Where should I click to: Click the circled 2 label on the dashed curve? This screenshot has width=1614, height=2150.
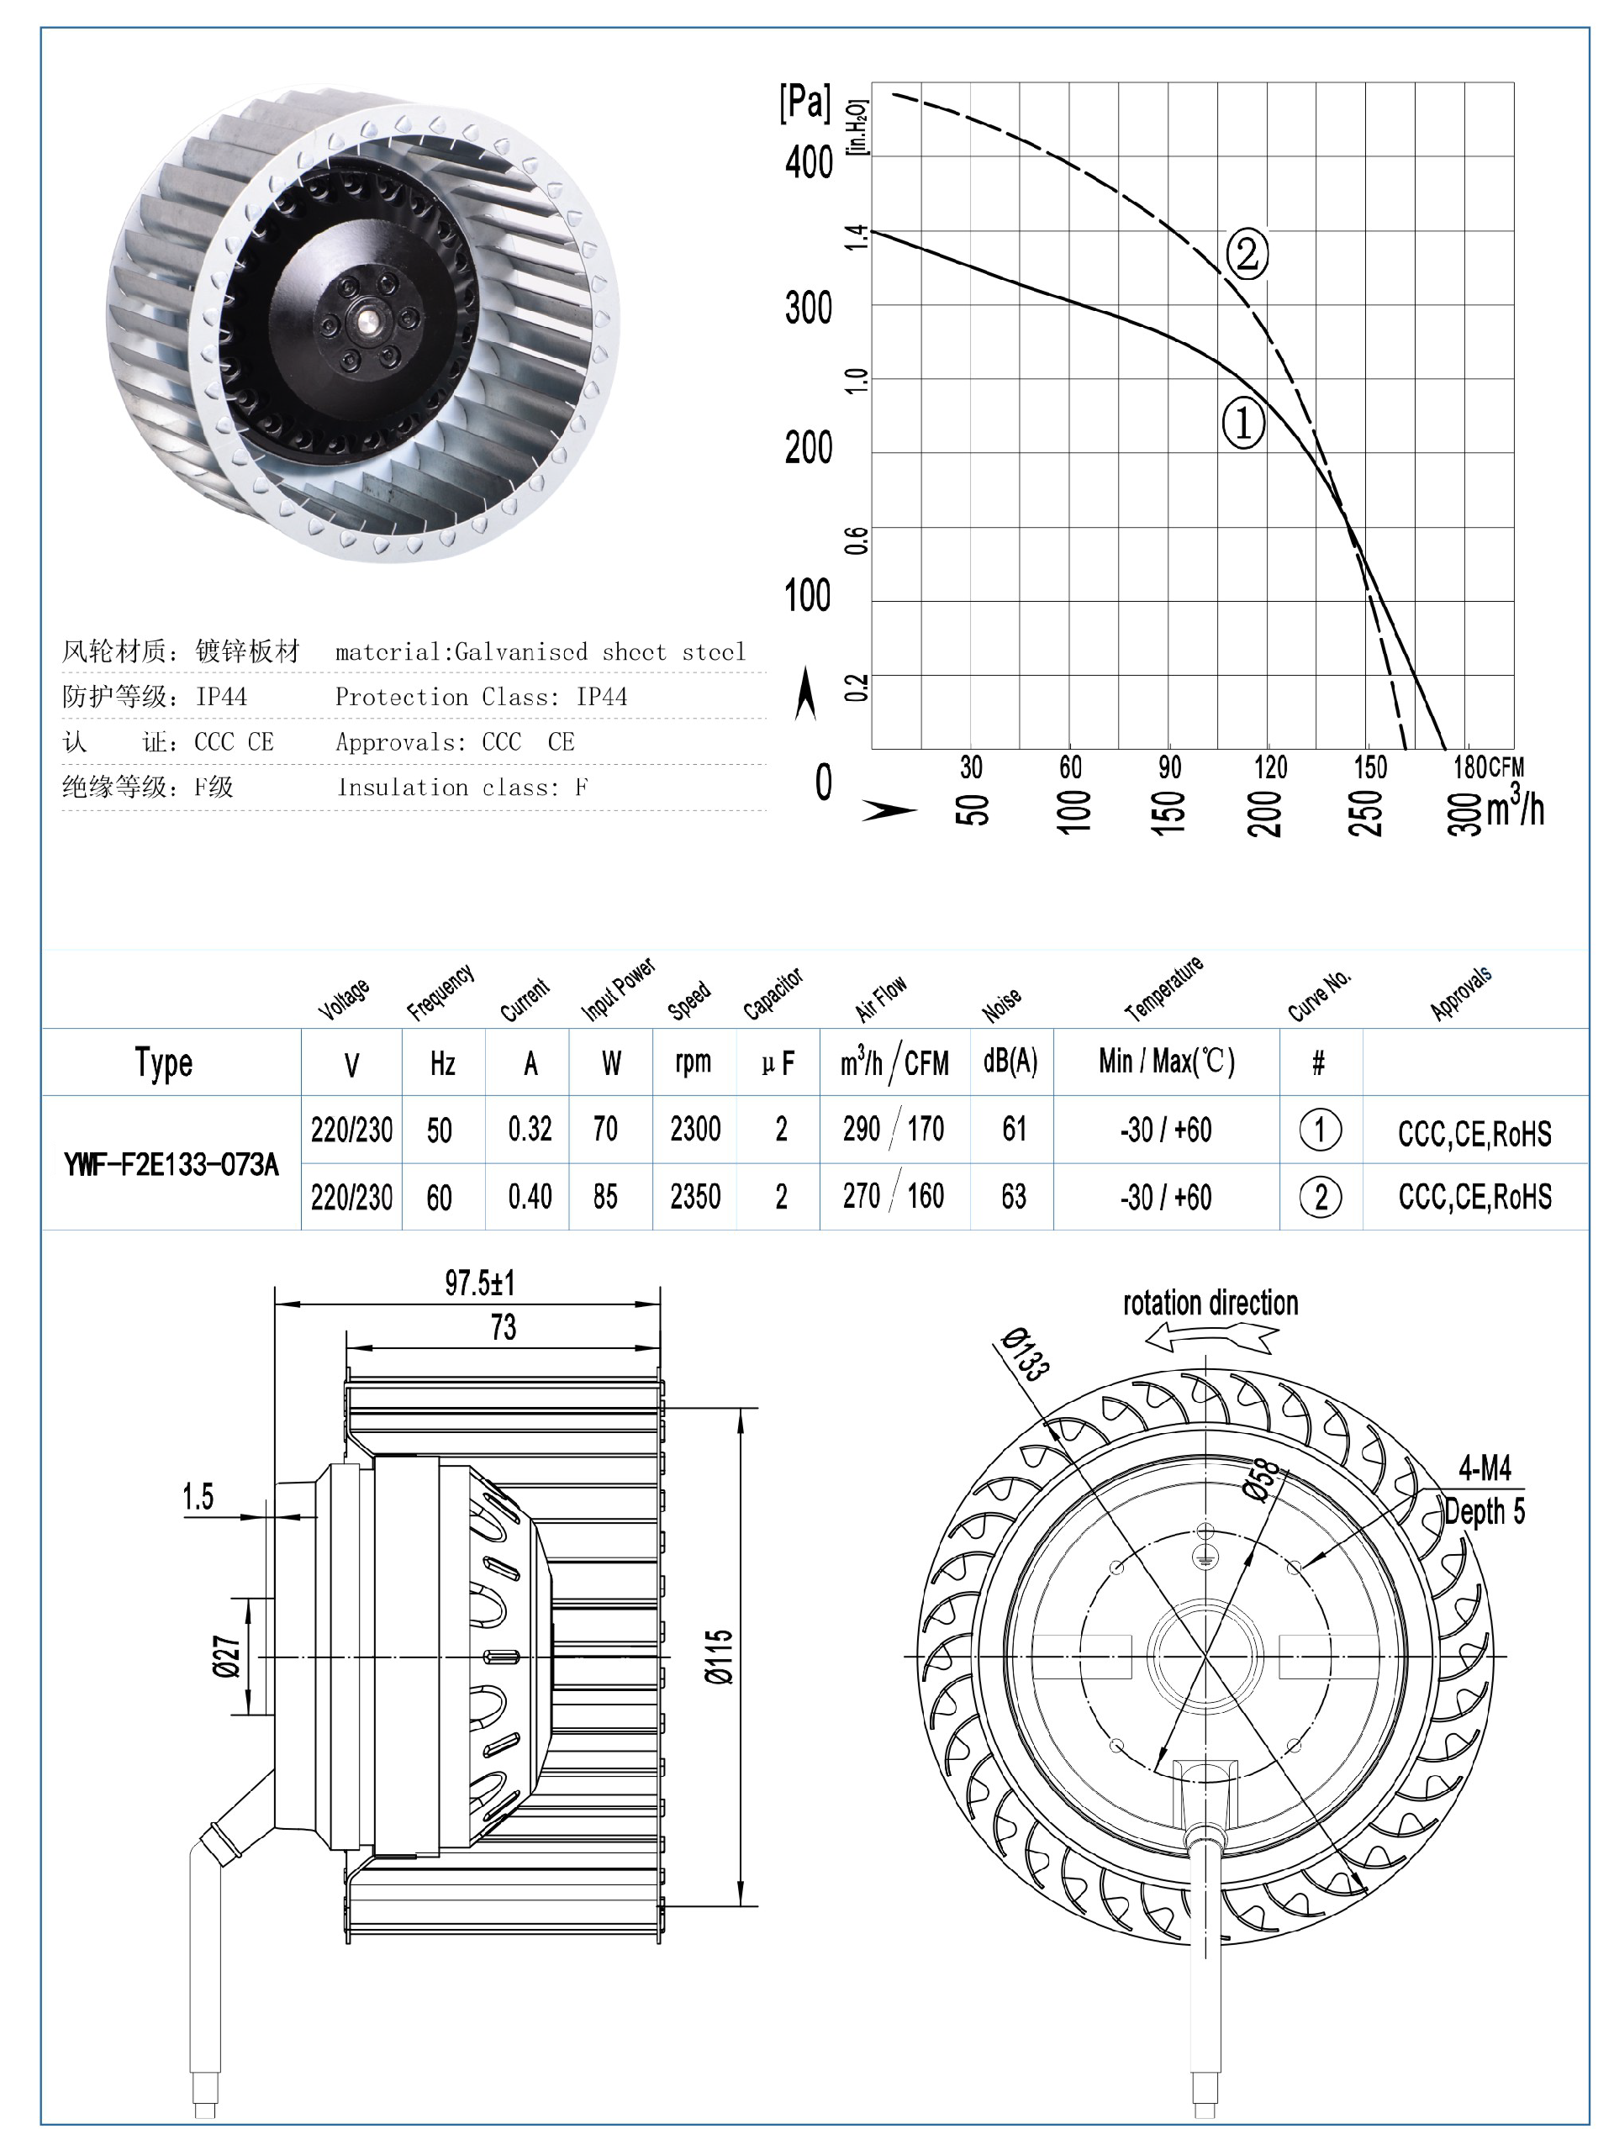[x=1247, y=254]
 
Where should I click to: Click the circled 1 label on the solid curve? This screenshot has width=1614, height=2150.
[x=1242, y=423]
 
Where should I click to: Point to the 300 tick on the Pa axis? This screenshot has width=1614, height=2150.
[x=808, y=308]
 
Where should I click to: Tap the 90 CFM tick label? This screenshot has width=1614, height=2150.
[x=1169, y=768]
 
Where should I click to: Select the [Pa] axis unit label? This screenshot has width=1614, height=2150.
[x=805, y=102]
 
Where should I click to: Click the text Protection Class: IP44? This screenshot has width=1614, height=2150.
[x=480, y=697]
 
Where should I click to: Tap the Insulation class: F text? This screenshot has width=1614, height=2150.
[x=462, y=788]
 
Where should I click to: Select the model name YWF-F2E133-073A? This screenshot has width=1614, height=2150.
[x=171, y=1163]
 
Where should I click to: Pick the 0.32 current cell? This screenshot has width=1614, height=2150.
[x=530, y=1130]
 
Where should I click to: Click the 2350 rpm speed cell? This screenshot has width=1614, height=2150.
[x=695, y=1197]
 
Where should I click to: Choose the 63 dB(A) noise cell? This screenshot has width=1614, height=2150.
[x=1013, y=1197]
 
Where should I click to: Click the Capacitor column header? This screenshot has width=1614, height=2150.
[x=773, y=994]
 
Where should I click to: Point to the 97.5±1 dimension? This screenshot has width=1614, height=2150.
[x=479, y=1283]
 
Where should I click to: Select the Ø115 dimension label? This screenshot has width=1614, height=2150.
[x=720, y=1657]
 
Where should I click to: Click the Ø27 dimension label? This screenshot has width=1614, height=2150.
[x=225, y=1657]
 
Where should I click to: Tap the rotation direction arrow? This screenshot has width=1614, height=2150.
[x=1210, y=1341]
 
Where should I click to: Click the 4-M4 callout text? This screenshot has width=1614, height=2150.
[x=1484, y=1468]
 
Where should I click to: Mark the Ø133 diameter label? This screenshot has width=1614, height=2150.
[x=1026, y=1354]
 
